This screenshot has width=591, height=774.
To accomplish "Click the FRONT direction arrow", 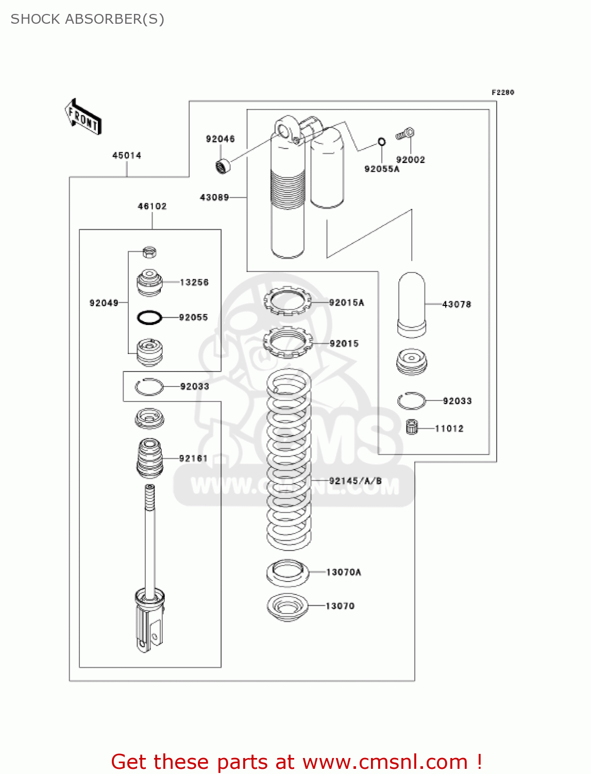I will [83, 117].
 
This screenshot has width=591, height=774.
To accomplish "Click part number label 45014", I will [127, 155].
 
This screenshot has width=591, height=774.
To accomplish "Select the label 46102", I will [152, 206].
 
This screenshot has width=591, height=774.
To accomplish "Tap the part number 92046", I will [220, 139].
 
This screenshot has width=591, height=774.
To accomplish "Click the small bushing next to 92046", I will [223, 167].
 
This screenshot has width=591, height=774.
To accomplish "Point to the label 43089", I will [214, 197].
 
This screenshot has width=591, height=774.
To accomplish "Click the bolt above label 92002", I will [406, 134].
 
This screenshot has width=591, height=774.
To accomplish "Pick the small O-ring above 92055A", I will [381, 142].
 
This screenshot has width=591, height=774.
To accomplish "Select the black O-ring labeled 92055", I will [149, 317].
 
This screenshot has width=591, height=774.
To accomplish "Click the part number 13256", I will [194, 282].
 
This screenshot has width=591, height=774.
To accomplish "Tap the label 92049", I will [104, 303].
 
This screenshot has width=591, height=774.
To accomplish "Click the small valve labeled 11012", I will [412, 427].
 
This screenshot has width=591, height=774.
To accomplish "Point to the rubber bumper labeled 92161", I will [150, 458].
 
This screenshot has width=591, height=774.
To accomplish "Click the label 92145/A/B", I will [356, 481].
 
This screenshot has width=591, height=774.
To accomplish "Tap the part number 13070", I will [340, 606].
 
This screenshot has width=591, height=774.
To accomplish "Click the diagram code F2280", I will [502, 92].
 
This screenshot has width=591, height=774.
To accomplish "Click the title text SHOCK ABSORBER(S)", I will [88, 19].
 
